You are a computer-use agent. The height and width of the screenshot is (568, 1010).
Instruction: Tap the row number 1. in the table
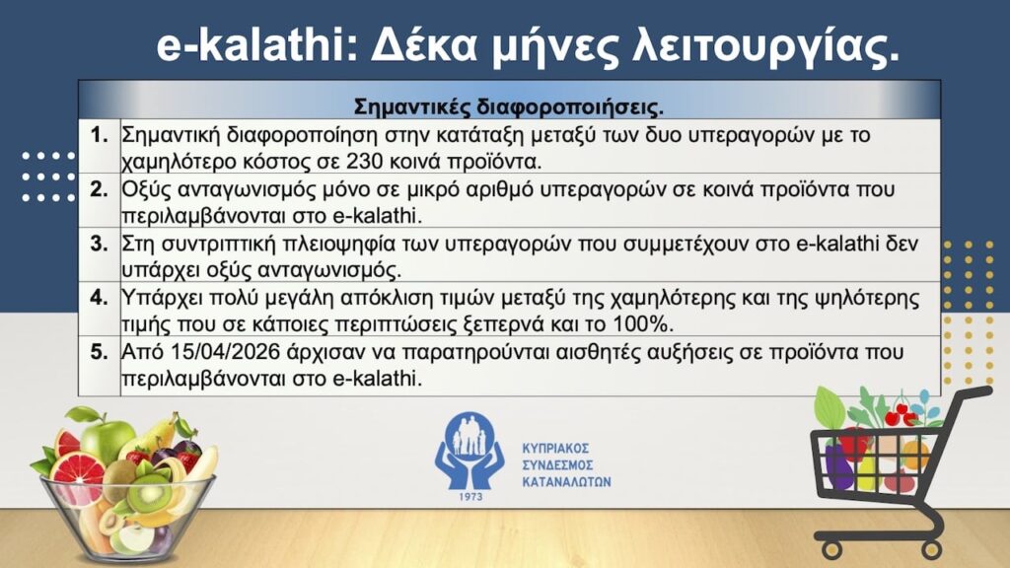point(99,134)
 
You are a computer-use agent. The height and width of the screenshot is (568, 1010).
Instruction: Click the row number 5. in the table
point(99,351)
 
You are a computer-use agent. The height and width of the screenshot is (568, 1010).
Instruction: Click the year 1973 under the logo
point(471,497)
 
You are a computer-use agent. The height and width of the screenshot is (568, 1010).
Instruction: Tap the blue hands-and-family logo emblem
point(470,449)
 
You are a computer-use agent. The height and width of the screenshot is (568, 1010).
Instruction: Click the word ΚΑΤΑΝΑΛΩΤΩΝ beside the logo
point(566,483)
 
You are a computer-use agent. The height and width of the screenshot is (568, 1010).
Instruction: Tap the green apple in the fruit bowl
point(108,439)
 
